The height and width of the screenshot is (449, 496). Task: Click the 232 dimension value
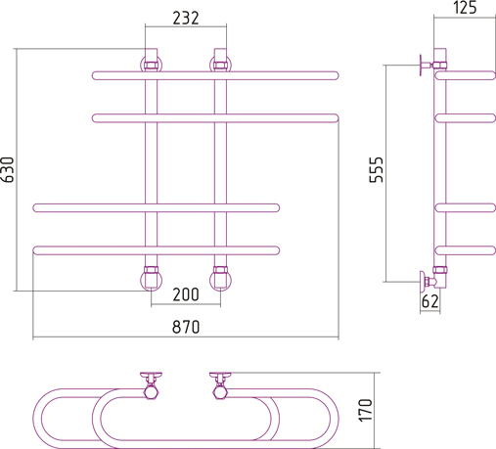pos(186,19)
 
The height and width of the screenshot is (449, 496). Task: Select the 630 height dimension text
pos(8,169)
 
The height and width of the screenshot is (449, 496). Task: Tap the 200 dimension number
pos(186,294)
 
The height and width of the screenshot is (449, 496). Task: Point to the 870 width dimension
pos(186,327)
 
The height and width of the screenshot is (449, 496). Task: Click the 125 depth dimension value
pos(465,7)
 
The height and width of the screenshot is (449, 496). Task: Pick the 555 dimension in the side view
pos(377,169)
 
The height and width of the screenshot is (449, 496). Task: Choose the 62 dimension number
pos(430,301)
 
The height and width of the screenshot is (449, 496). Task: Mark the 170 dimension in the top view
pos(366,410)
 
